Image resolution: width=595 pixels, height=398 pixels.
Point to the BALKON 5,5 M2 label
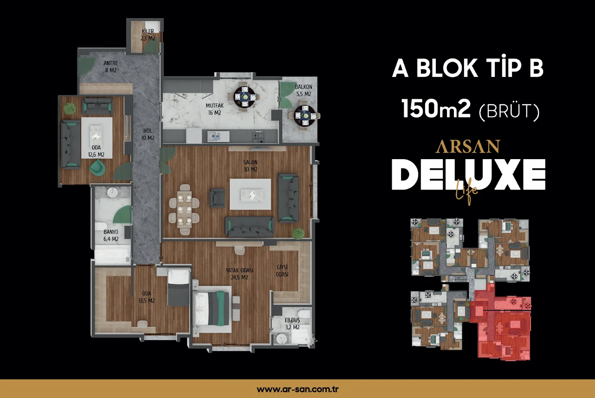[x=303, y=90]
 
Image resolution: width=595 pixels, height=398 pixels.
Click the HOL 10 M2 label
[x=148, y=135]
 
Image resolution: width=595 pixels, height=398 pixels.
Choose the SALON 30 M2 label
[x=250, y=166]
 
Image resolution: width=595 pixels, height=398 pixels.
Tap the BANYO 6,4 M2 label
[x=111, y=235]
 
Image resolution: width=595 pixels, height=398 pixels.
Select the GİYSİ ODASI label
[x=282, y=270]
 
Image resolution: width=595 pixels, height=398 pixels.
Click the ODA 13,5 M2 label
[x=146, y=297]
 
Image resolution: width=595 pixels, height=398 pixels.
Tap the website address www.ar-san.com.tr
[x=297, y=389]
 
